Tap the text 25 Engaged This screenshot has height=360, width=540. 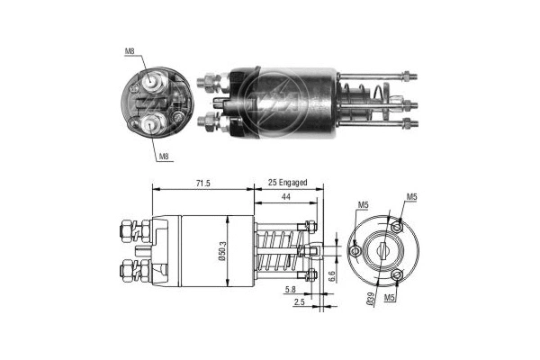pos(287,183)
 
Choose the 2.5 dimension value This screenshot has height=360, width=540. pos(298,304)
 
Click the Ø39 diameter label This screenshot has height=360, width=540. pos(370,302)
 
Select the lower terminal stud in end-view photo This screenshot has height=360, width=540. pos(148,124)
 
